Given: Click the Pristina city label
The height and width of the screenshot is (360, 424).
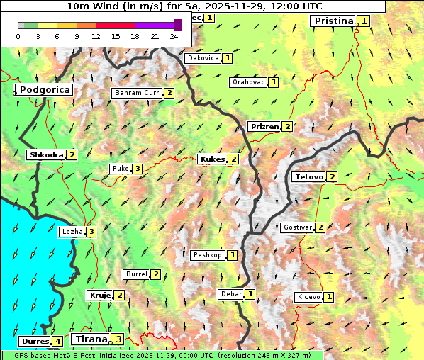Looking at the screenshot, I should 333,21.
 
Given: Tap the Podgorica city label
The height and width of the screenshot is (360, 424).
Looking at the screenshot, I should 44,90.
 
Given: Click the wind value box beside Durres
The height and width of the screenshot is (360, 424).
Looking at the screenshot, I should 57,342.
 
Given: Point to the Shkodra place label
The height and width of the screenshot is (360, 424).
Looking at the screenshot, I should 46,154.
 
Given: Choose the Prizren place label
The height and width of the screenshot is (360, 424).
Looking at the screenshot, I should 264,127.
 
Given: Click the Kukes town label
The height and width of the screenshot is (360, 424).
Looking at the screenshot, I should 212,159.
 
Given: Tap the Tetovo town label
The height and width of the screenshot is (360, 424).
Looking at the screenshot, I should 308,176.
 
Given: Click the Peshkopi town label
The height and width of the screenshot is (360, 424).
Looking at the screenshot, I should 208,255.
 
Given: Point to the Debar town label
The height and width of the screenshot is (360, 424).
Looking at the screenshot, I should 230,294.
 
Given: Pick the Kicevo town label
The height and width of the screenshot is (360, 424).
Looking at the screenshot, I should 308,297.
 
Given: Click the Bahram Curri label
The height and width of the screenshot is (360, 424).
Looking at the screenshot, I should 138,93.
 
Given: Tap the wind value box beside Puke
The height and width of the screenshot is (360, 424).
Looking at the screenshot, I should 137,169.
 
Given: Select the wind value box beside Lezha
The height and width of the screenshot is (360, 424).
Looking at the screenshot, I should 91,232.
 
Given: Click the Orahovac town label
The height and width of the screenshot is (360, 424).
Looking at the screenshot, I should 248,82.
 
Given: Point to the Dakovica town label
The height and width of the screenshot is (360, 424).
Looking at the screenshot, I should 203,58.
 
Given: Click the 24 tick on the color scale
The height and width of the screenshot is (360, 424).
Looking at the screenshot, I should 174,36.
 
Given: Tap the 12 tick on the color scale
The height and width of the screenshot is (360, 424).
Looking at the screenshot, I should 96,36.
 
